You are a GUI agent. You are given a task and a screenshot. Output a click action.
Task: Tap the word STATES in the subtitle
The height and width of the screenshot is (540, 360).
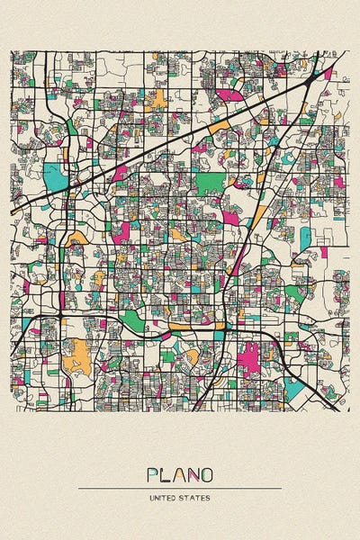tap(196, 498)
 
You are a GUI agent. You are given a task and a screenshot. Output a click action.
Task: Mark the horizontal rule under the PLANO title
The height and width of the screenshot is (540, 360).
tap(180, 489)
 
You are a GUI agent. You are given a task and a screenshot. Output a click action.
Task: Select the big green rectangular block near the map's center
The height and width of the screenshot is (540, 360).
tap(209, 183)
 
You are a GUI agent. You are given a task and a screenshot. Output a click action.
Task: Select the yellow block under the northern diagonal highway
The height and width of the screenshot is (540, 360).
tap(217, 129)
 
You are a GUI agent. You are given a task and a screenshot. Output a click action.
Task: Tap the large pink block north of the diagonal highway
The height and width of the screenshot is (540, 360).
tap(229, 94)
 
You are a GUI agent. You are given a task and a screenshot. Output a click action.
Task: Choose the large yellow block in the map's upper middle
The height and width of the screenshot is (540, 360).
tap(158, 97)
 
